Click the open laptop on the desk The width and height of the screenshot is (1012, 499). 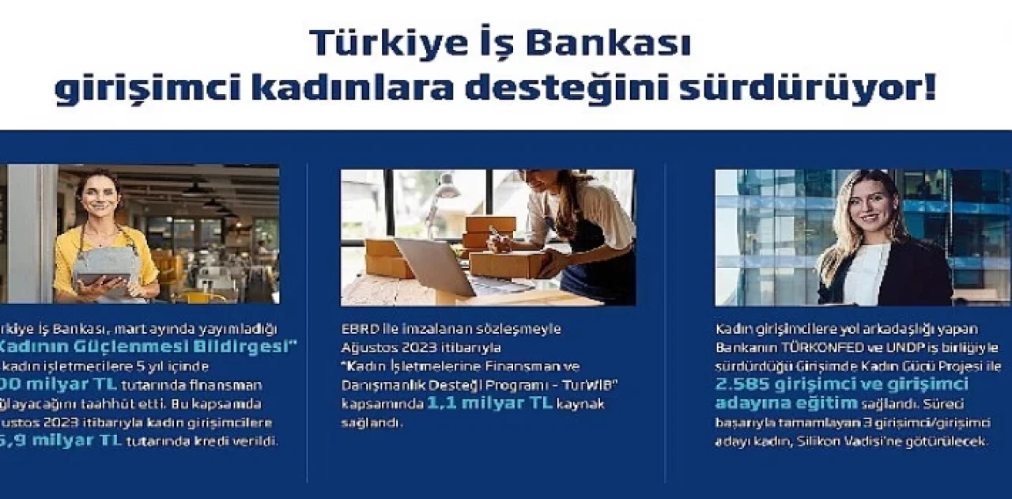443,269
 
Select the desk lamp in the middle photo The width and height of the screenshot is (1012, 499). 445,190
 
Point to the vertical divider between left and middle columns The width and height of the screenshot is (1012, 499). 307,324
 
